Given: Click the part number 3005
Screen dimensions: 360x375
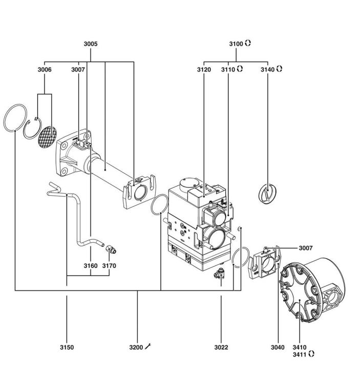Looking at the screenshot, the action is point(91,44).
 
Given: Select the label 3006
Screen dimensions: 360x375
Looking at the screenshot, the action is point(45,70).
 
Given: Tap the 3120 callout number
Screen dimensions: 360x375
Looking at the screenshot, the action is point(204,70).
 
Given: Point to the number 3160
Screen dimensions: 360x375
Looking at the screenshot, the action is point(91,266).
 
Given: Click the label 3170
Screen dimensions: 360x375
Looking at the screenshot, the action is point(109,266).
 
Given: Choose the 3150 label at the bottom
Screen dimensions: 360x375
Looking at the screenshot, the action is point(67,347).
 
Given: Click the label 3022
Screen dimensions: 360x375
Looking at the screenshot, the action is point(221,347).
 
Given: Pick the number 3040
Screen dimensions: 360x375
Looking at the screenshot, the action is point(278,347).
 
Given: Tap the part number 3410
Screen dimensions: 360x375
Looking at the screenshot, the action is point(300,347).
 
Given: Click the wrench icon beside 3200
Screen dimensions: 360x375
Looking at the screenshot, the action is point(148,346).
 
